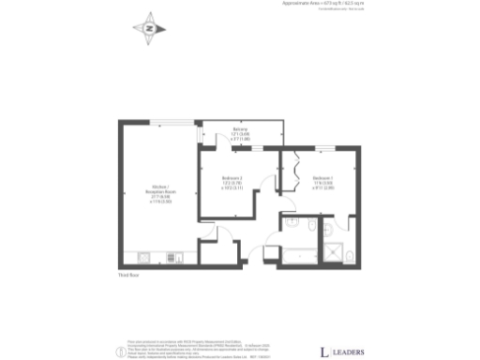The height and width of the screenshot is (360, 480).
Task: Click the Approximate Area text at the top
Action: (x=323, y=4)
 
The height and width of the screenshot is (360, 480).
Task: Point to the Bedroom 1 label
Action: (x=323, y=182)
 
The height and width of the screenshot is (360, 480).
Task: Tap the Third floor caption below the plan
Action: (x=128, y=274)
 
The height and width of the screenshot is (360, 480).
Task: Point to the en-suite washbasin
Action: (x=328, y=229)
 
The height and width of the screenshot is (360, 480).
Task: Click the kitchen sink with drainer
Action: (x=145, y=257)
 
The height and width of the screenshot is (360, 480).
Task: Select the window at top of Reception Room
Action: (x=173, y=122)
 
